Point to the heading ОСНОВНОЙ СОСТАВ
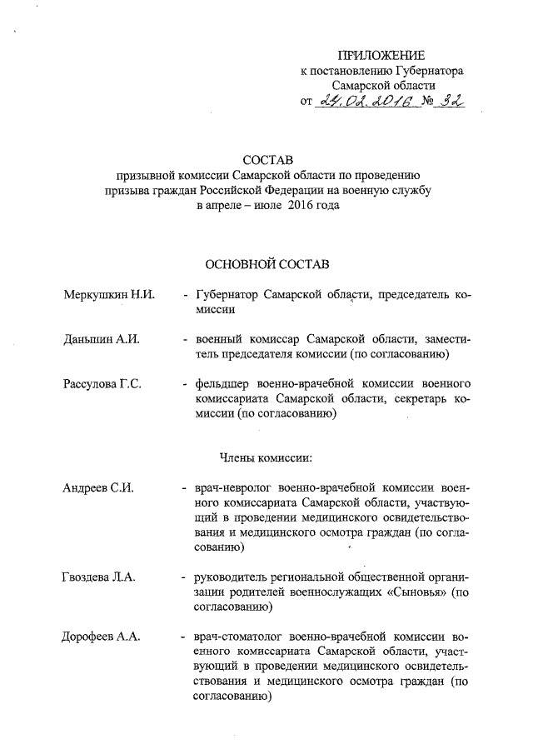(x=267, y=264)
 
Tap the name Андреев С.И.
(x=97, y=487)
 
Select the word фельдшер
(x=223, y=384)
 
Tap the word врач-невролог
(x=233, y=487)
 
